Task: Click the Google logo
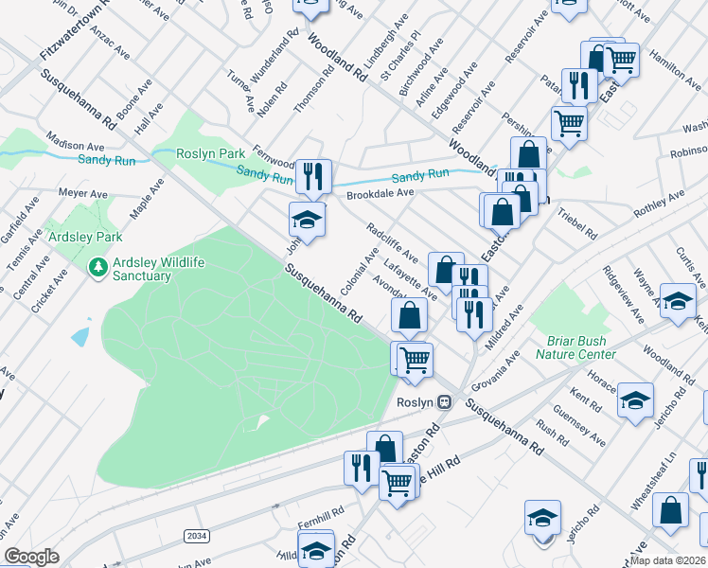(32, 557)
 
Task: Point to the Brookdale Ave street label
(380, 193)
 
